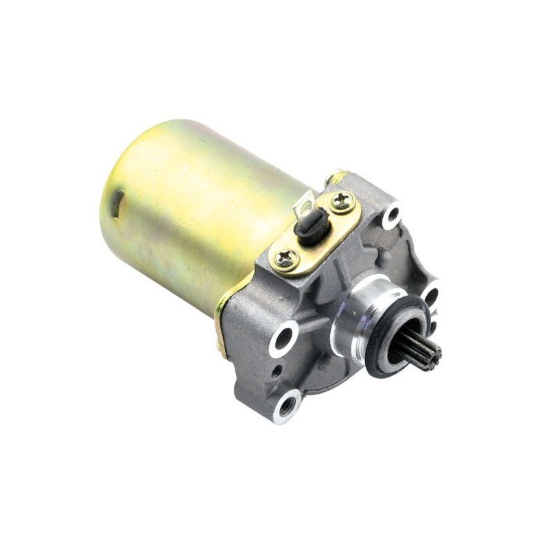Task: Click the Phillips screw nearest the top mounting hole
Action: point(342,201)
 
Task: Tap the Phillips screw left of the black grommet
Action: point(284,258)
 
